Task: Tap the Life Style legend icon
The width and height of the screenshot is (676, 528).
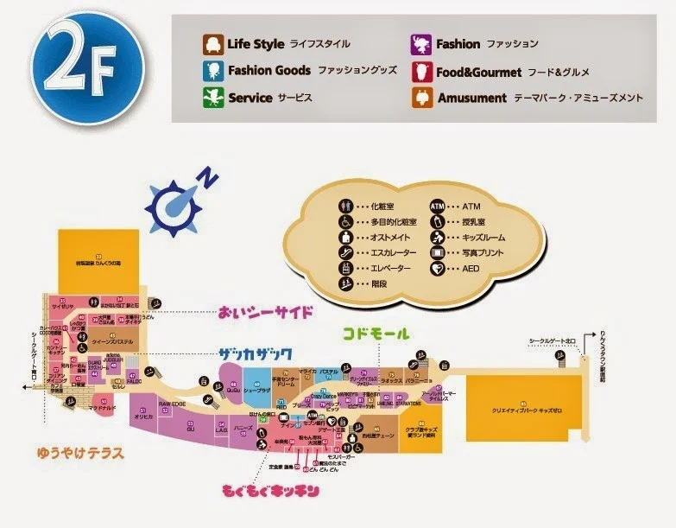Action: pos(212,43)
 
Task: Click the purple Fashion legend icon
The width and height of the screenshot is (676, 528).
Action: pos(421,43)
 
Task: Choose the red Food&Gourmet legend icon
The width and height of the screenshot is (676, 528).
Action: pos(421,71)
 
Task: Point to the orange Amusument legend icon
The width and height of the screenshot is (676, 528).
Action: pos(421,98)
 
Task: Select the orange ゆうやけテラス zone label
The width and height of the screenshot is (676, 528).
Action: pos(81,452)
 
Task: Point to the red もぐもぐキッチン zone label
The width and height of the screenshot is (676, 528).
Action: pos(271,492)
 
